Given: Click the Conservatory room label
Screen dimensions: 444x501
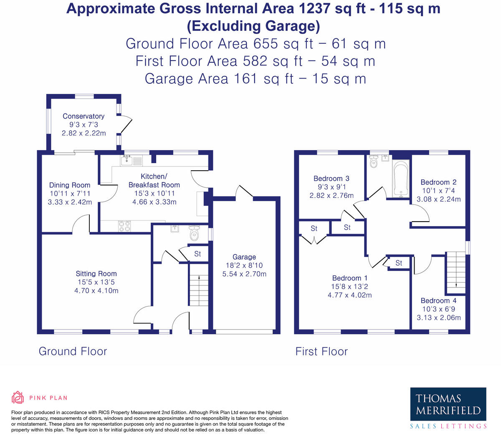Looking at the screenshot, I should click(83, 116).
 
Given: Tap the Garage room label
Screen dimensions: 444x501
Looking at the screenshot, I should click(244, 257).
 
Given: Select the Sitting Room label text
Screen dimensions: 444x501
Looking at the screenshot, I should click(96, 274).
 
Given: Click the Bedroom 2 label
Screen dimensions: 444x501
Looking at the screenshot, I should click(438, 182).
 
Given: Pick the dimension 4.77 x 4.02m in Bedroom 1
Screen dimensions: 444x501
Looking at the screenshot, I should click(349, 295).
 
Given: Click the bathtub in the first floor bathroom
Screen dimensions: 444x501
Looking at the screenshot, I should click(401, 179).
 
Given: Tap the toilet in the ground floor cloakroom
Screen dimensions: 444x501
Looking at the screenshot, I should click(195, 234).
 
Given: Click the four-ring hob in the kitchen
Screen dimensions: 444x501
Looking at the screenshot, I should click(124, 226).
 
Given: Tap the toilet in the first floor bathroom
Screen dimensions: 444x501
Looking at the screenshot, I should click(374, 161).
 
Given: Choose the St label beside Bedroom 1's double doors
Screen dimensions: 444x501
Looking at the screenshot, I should click(314, 228).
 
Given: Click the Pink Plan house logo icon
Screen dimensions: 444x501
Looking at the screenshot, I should click(18, 398).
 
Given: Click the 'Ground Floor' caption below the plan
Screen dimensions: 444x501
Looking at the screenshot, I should click(73, 351).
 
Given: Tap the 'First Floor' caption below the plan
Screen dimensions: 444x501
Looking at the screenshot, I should click(321, 351).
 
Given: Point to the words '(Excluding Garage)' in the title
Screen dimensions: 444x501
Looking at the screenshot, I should click(253, 26).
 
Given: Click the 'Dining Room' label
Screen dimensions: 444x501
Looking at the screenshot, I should click(70, 185).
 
